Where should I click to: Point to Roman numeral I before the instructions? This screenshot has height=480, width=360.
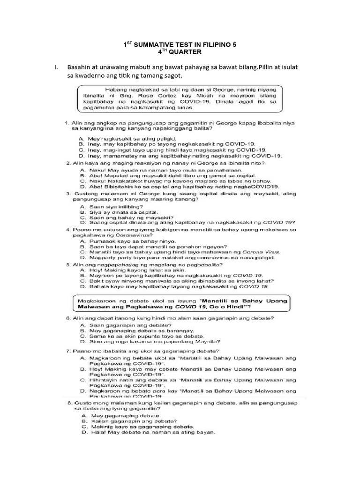(x=55, y=67)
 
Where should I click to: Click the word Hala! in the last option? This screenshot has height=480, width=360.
(x=98, y=432)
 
